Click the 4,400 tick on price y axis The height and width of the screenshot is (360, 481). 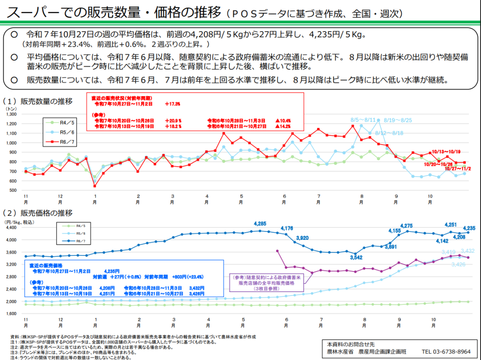10,227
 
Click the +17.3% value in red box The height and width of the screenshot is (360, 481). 172,103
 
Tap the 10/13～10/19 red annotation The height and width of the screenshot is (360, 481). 446,151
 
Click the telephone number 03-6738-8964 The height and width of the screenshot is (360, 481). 446,351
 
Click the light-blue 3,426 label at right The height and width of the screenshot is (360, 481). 458,264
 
